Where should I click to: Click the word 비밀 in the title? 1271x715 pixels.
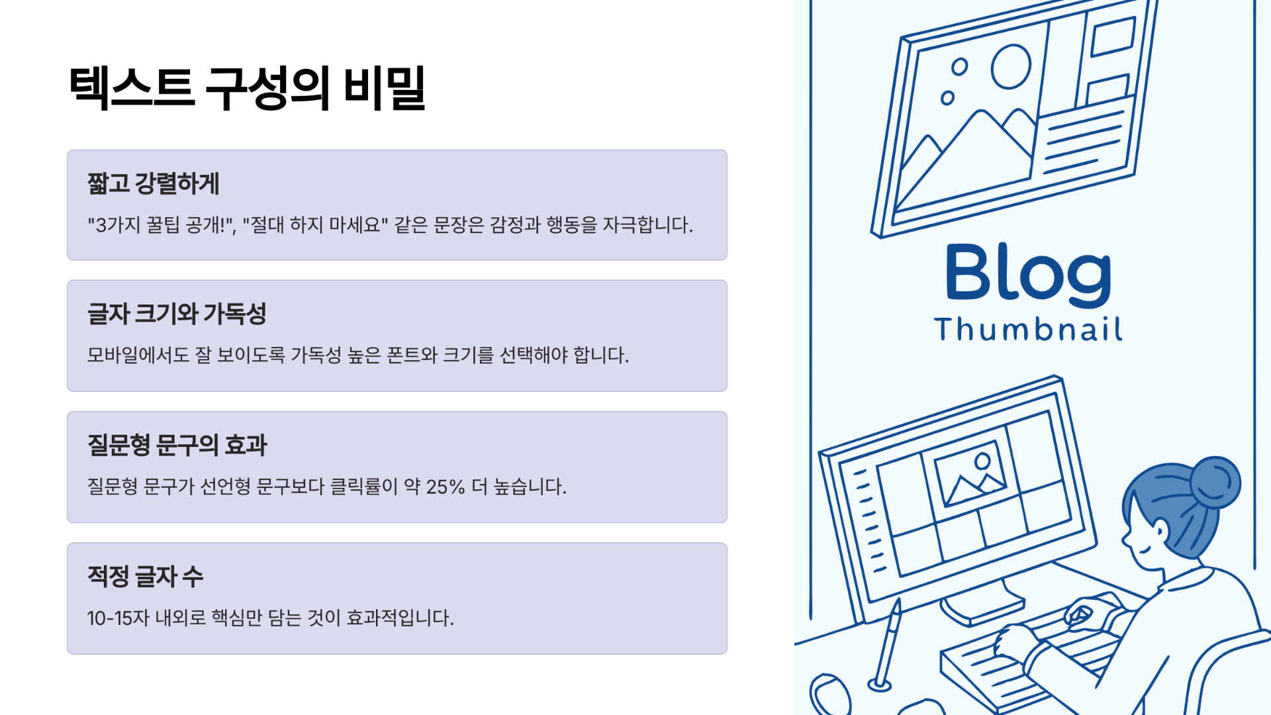point(385,88)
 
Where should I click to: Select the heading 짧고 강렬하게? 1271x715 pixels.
point(153,183)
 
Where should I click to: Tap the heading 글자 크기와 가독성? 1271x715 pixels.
point(177,314)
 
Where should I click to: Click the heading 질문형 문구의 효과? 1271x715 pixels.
point(177,445)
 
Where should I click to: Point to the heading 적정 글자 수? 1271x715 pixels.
point(145,576)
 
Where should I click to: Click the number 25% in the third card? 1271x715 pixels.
point(445,487)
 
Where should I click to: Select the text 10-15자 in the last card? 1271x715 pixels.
point(118,618)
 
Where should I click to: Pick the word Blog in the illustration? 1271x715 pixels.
point(1027,273)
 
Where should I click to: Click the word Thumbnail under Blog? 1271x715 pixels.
point(1027,329)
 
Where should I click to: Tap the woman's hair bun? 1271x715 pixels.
point(1215,482)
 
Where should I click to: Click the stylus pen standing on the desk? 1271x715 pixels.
point(888,642)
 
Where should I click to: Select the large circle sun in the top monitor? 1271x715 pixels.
point(1010,67)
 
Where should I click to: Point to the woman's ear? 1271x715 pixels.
point(1160,530)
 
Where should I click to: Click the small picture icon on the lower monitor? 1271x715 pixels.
point(970,472)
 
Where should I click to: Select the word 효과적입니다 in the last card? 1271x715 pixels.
point(400,618)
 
